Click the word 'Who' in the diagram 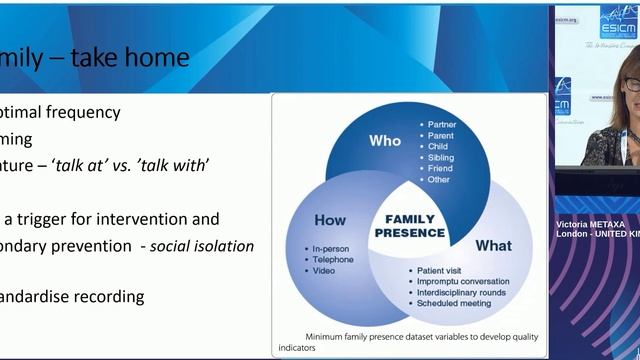pos(384,140)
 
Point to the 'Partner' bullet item pos(442,124)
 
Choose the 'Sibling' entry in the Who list pos(441,157)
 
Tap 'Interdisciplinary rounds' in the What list pos(461,293)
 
